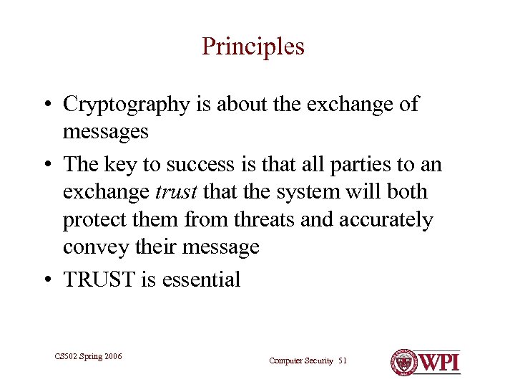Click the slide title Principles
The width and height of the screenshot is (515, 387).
pos(253,47)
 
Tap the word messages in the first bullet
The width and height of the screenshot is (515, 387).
pos(106,132)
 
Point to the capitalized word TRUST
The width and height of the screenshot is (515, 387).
pos(99,279)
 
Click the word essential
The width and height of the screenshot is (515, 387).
pos(201,279)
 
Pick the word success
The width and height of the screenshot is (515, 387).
pos(200,164)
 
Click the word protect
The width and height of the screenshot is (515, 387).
pos(92,219)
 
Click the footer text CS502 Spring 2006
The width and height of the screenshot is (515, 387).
pos(88,355)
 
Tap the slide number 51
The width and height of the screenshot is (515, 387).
pos(342,360)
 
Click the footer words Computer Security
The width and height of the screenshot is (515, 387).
pos(301,360)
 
